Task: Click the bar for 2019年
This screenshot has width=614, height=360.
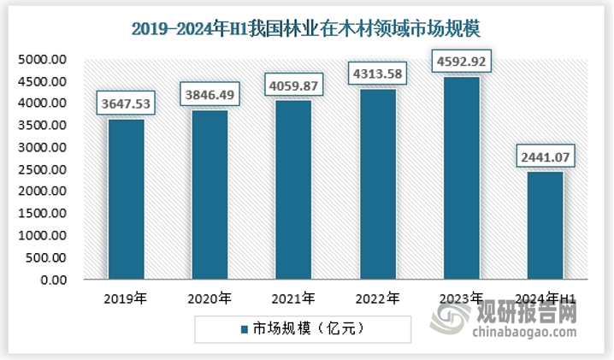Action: [127, 199]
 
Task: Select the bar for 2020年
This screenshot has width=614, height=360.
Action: [210, 195]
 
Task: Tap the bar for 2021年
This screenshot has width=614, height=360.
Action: [293, 190]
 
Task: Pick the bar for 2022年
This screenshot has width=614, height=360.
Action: [377, 185]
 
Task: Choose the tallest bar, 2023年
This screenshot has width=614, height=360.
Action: [461, 178]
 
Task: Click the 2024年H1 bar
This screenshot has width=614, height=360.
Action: [545, 226]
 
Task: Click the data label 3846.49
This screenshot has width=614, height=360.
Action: [210, 96]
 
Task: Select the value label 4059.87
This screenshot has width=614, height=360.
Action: [293, 86]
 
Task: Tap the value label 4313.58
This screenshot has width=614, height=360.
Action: [377, 74]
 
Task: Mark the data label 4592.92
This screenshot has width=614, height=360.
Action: [461, 62]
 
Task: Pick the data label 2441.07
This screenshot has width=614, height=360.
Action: [545, 157]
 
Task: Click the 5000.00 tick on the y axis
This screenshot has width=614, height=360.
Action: [42, 60]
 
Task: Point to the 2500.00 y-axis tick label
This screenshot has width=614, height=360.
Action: [42, 169]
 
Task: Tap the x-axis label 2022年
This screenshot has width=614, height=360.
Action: [377, 298]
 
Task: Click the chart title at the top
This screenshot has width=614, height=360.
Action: [307, 29]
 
